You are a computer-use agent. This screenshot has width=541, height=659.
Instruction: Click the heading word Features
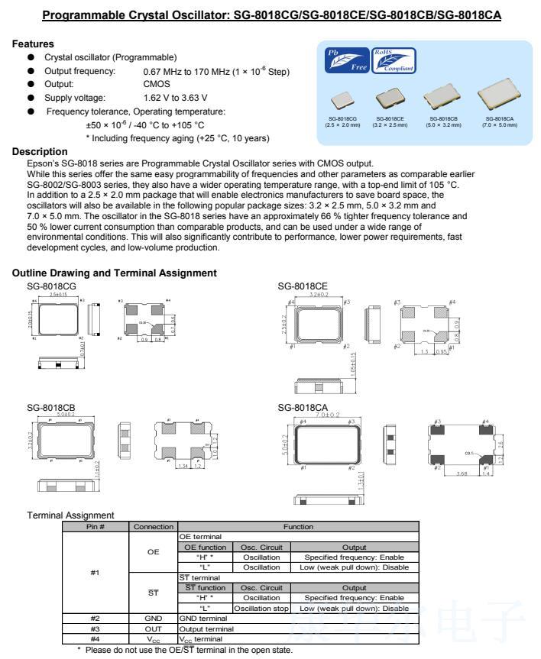click(33, 45)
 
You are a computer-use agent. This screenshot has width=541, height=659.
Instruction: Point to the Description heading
click(40, 151)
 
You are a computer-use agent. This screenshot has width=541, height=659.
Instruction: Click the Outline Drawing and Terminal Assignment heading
click(115, 273)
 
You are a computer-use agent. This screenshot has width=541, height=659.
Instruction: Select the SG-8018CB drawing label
click(51, 407)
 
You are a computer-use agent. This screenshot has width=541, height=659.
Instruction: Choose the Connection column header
click(154, 527)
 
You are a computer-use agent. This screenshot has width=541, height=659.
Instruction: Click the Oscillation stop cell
click(262, 608)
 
